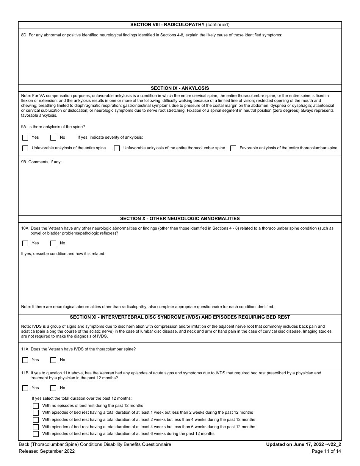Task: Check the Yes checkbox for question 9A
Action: pyautogui.click(x=25, y=138)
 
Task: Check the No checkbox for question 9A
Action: pyautogui.click(x=53, y=138)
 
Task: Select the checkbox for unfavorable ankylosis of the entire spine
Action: pyautogui.click(x=25, y=149)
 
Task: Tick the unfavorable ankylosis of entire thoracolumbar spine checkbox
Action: pyautogui.click(x=117, y=149)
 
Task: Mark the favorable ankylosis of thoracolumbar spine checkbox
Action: pyautogui.click(x=233, y=149)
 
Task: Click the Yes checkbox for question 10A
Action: pyautogui.click(x=25, y=244)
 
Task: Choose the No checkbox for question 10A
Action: pyautogui.click(x=53, y=244)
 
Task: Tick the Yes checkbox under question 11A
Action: pyautogui.click(x=25, y=360)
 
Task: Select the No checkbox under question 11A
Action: pyautogui.click(x=53, y=360)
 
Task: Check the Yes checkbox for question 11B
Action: pyautogui.click(x=25, y=388)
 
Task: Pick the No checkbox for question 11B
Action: pyautogui.click(x=53, y=388)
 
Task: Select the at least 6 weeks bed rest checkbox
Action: pyautogui.click(x=36, y=434)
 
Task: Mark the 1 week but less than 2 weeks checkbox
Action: pyautogui.click(x=36, y=413)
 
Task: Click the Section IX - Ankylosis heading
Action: pyautogui.click(x=180, y=88)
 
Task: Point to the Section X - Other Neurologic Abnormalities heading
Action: pyautogui.click(x=180, y=219)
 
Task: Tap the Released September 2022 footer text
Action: pyautogui.click(x=47, y=451)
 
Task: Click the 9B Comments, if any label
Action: pyautogui.click(x=41, y=162)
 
